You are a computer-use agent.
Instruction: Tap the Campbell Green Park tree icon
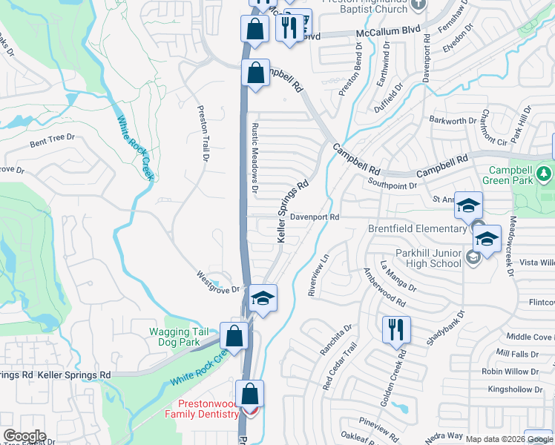click(x=545, y=173)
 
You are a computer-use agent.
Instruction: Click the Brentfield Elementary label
click(x=419, y=229)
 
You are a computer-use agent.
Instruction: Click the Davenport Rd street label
click(x=314, y=217)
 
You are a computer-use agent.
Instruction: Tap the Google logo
click(x=24, y=436)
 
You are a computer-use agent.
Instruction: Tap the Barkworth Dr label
click(x=453, y=121)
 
